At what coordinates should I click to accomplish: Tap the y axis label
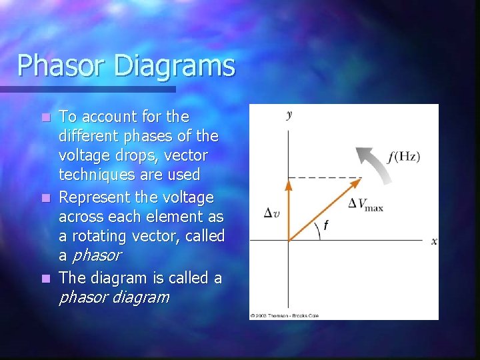click(289, 115)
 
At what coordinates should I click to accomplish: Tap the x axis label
click(434, 241)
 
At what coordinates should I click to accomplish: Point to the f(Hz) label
click(403, 157)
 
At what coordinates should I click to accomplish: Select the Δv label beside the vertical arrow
click(271, 213)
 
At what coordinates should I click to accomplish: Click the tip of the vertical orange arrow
click(288, 180)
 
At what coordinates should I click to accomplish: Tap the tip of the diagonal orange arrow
click(358, 181)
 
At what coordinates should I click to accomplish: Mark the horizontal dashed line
click(325, 177)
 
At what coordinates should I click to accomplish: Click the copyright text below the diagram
click(285, 315)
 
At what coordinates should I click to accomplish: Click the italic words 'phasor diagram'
click(114, 297)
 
